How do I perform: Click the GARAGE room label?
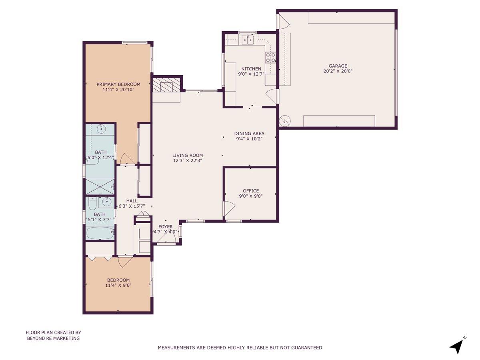pyautogui.click(x=338, y=66)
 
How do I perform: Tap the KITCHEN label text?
pyautogui.click(x=251, y=69)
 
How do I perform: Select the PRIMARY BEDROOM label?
pyautogui.click(x=118, y=84)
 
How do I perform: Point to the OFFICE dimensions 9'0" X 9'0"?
pyautogui.click(x=251, y=196)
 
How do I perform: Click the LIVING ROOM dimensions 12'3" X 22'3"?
pyautogui.click(x=188, y=160)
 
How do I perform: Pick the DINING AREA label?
pyautogui.click(x=249, y=134)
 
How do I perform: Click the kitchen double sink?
pyautogui.click(x=248, y=39)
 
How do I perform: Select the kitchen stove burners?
pyautogui.click(x=271, y=58)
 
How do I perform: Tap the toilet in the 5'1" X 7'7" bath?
pyautogui.click(x=92, y=204)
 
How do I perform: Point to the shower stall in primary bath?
pyautogui.click(x=100, y=186)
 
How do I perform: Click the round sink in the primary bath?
pyautogui.click(x=101, y=129)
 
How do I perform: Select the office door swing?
pyautogui.click(x=229, y=208)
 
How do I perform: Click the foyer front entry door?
pyautogui.click(x=166, y=239)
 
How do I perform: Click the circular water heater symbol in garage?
pyautogui.click(x=286, y=120)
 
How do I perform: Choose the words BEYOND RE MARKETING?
pyautogui.click(x=53, y=338)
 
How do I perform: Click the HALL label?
pyautogui.click(x=132, y=201)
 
